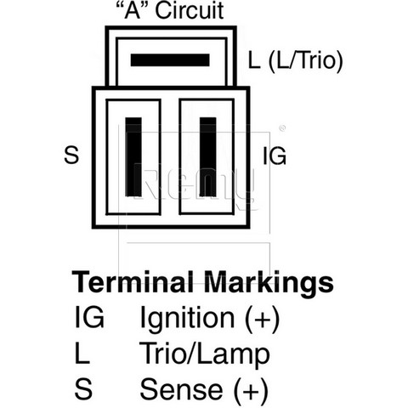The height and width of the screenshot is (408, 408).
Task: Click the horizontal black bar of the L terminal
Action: pos(170,60)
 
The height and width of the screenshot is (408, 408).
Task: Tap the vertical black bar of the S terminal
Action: pos(133,156)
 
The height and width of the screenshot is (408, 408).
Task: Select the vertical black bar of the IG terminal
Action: pos(207,156)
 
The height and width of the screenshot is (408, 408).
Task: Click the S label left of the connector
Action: pos(71,156)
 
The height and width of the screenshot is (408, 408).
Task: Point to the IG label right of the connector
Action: pos(275,156)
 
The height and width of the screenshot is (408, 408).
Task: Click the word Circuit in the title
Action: pos(190,10)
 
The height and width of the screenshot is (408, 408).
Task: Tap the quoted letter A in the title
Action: pos(133,10)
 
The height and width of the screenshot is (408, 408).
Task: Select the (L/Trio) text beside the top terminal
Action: pos(305,60)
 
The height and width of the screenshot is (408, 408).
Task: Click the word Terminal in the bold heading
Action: pos(133,282)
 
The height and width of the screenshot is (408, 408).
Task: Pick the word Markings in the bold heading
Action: pos(269,283)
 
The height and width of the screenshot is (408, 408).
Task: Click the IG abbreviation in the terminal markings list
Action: pos(89,318)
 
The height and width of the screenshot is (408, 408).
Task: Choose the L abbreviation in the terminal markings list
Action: pos(82,353)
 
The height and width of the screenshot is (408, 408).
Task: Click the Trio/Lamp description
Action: pos(205,354)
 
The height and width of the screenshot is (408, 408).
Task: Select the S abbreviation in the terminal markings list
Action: pos(83,389)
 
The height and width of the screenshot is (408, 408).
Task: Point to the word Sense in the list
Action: pos(181,389)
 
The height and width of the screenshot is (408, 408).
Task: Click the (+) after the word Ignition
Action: pos(262,319)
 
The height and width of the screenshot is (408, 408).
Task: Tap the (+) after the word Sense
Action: pos(251,390)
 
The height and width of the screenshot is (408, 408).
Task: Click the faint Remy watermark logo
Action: pos(195,184)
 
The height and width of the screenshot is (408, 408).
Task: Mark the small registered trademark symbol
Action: pos(282,128)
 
